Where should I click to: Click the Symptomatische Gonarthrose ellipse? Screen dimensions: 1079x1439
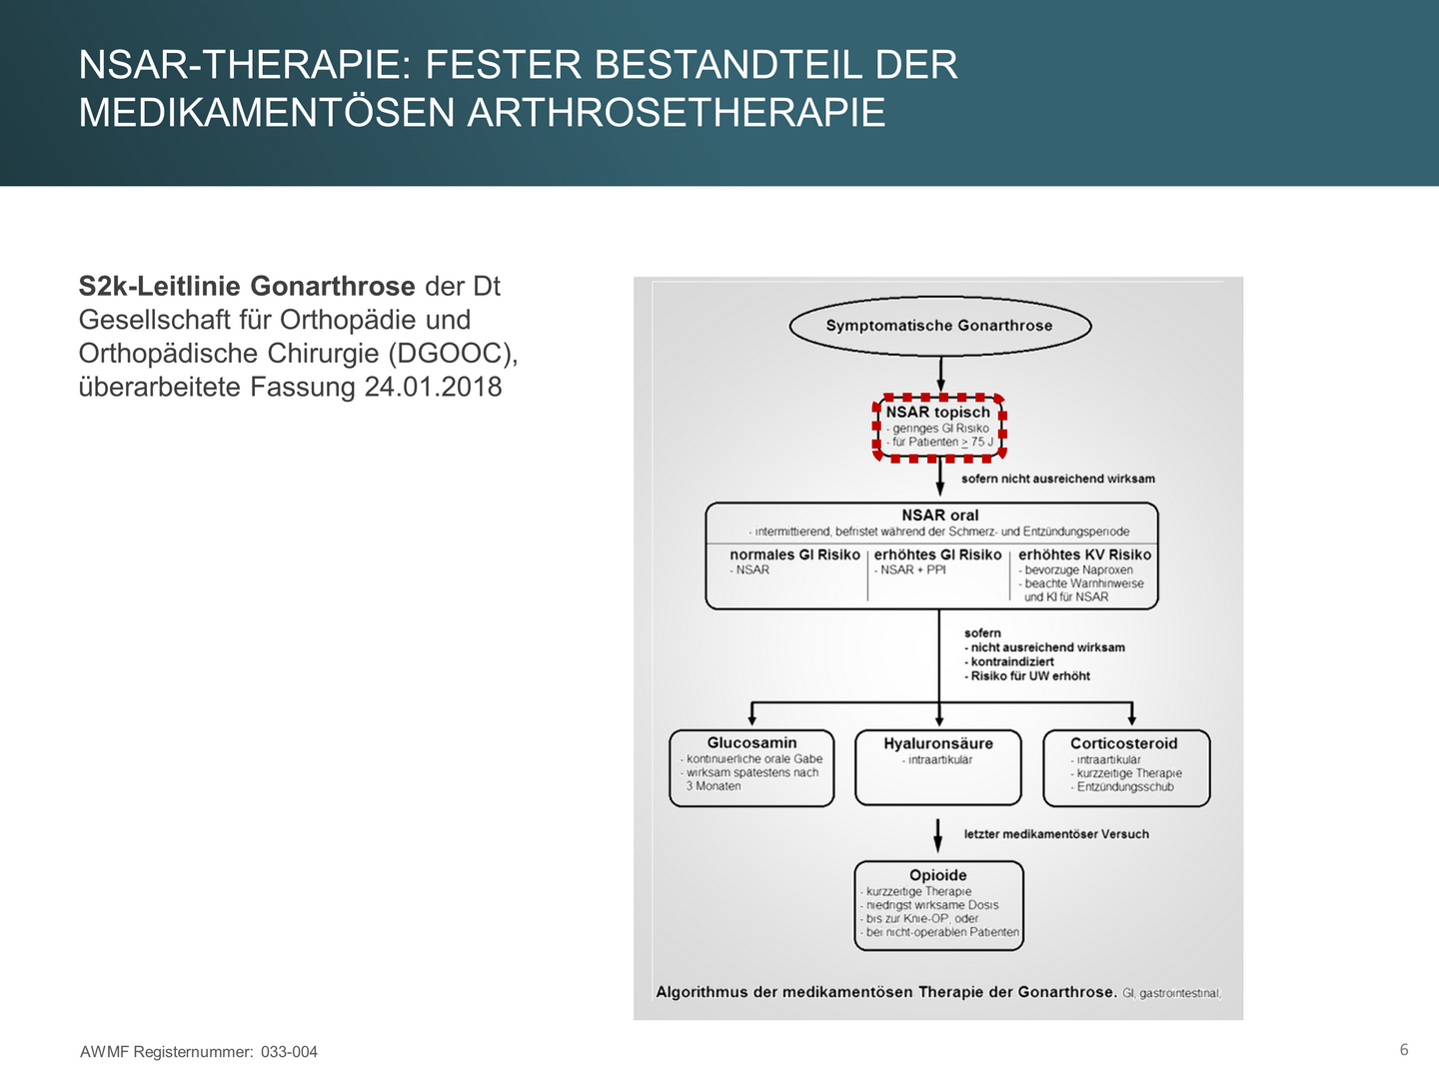point(939,326)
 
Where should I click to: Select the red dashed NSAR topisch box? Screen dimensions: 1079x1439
point(939,427)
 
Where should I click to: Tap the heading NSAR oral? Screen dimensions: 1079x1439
point(939,516)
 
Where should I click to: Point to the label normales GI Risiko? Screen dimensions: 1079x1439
point(794,555)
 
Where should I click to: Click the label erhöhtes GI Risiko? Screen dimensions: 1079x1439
point(937,555)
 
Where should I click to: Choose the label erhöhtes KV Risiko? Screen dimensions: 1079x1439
point(1084,555)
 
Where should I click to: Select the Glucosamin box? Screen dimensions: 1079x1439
point(751,767)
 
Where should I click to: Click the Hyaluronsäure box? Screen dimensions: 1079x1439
point(938,767)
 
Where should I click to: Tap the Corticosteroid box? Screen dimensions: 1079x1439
point(1125,767)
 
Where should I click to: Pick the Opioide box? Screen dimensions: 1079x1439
point(938,905)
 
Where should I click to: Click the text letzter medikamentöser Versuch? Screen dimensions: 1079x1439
point(1056,834)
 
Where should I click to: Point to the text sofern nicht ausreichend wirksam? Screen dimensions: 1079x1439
point(1057,479)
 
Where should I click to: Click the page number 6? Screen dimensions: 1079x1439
point(1404,1049)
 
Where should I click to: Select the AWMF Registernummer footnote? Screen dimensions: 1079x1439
point(199,1052)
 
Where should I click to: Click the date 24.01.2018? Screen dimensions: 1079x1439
point(433,387)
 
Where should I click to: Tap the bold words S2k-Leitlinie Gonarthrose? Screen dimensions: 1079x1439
point(247,287)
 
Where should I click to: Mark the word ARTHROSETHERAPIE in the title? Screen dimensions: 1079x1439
point(677,112)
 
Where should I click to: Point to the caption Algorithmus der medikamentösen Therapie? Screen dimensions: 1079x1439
point(885,992)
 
